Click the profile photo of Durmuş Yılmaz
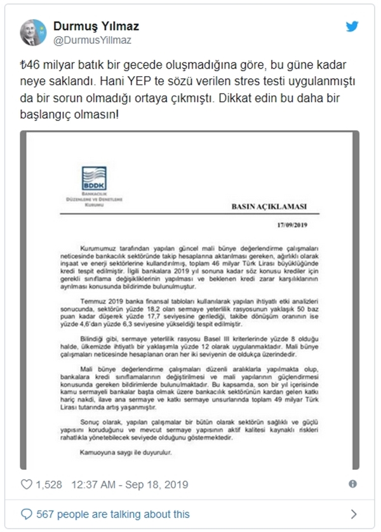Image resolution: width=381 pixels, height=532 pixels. coord(33,32)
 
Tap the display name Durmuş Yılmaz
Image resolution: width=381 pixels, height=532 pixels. coord(95,26)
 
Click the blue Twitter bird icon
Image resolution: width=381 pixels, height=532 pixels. coord(352,26)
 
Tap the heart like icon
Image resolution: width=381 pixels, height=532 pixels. coord(27,484)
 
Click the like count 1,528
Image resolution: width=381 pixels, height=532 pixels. coord(50,484)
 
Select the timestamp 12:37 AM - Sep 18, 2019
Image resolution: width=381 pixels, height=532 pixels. coord(131,484)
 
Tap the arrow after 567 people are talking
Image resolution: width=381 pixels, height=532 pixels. coord(354,514)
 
